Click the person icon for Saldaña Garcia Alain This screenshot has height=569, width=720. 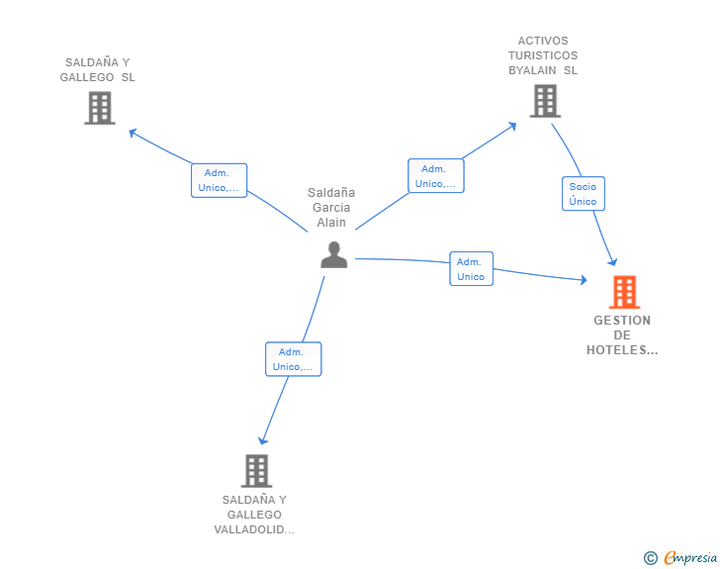tap(334, 254)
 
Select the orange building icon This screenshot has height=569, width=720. tap(624, 292)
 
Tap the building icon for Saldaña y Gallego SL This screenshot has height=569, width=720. tap(100, 108)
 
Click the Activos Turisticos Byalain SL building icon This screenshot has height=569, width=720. tap(545, 101)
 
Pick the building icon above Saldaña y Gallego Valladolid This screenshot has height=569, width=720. tap(257, 471)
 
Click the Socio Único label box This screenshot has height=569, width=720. tap(584, 194)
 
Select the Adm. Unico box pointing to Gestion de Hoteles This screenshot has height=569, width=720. tap(471, 269)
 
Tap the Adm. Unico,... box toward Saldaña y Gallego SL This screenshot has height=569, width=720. tap(219, 181)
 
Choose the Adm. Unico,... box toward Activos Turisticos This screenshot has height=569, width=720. tap(436, 176)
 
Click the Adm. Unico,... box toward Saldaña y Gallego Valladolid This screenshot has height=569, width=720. tap(294, 359)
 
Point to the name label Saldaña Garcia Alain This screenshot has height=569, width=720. tap(331, 207)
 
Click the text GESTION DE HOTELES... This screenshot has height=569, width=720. tap(622, 335)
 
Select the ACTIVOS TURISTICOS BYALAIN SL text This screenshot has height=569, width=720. tap(543, 55)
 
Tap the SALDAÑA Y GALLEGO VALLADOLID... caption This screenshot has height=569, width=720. tap(254, 515)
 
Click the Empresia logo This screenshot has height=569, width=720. tap(690, 557)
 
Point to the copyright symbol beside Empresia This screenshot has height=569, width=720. tap(651, 558)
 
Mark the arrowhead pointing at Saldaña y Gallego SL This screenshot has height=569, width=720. tap(133, 133)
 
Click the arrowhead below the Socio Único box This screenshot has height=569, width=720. tap(612, 262)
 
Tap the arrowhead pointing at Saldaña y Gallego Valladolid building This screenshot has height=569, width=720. tap(262, 440)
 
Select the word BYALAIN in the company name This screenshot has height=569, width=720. tap(532, 70)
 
